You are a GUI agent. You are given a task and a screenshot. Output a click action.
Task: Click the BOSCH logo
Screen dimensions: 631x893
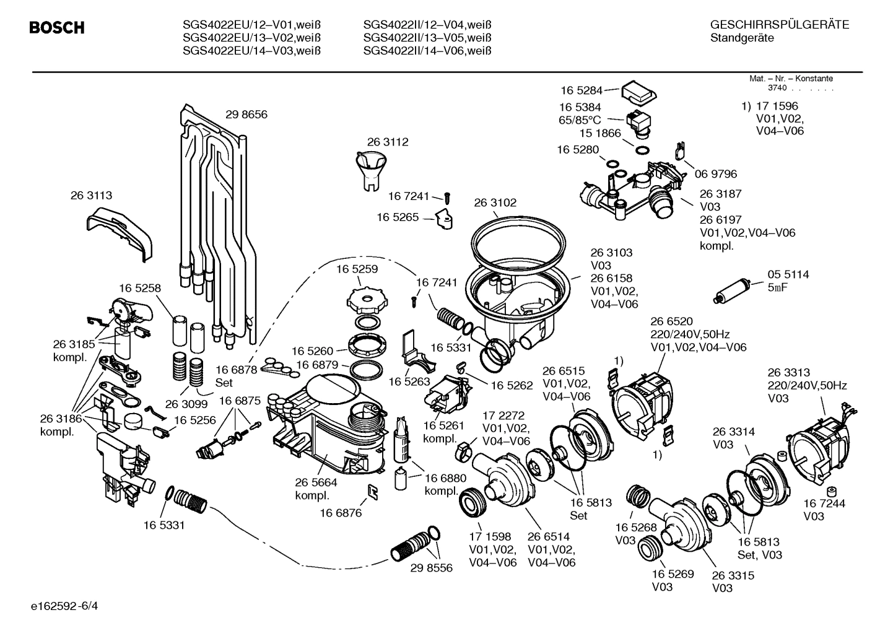click(56, 28)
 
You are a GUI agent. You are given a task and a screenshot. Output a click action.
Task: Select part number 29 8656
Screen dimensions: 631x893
click(246, 115)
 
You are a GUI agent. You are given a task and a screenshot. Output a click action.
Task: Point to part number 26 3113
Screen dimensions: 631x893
click(91, 195)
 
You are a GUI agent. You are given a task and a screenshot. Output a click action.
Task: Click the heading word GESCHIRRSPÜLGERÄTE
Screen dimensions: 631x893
click(779, 25)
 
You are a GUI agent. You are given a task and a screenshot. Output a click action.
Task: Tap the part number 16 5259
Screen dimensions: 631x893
click(357, 269)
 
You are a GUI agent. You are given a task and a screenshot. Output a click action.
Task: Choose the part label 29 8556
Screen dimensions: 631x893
click(431, 567)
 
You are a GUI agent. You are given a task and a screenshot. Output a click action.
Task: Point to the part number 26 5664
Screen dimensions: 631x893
click(316, 482)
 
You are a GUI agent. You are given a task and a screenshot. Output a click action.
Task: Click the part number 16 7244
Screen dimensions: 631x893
click(824, 503)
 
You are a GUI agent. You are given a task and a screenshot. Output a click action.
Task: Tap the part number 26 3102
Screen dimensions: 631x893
click(495, 202)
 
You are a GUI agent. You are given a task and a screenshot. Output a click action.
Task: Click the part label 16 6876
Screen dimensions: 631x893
click(341, 512)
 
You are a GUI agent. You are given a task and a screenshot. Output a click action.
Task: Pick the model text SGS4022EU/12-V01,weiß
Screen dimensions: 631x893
click(251, 25)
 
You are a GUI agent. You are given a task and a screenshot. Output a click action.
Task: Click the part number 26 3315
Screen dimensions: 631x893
click(733, 575)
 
